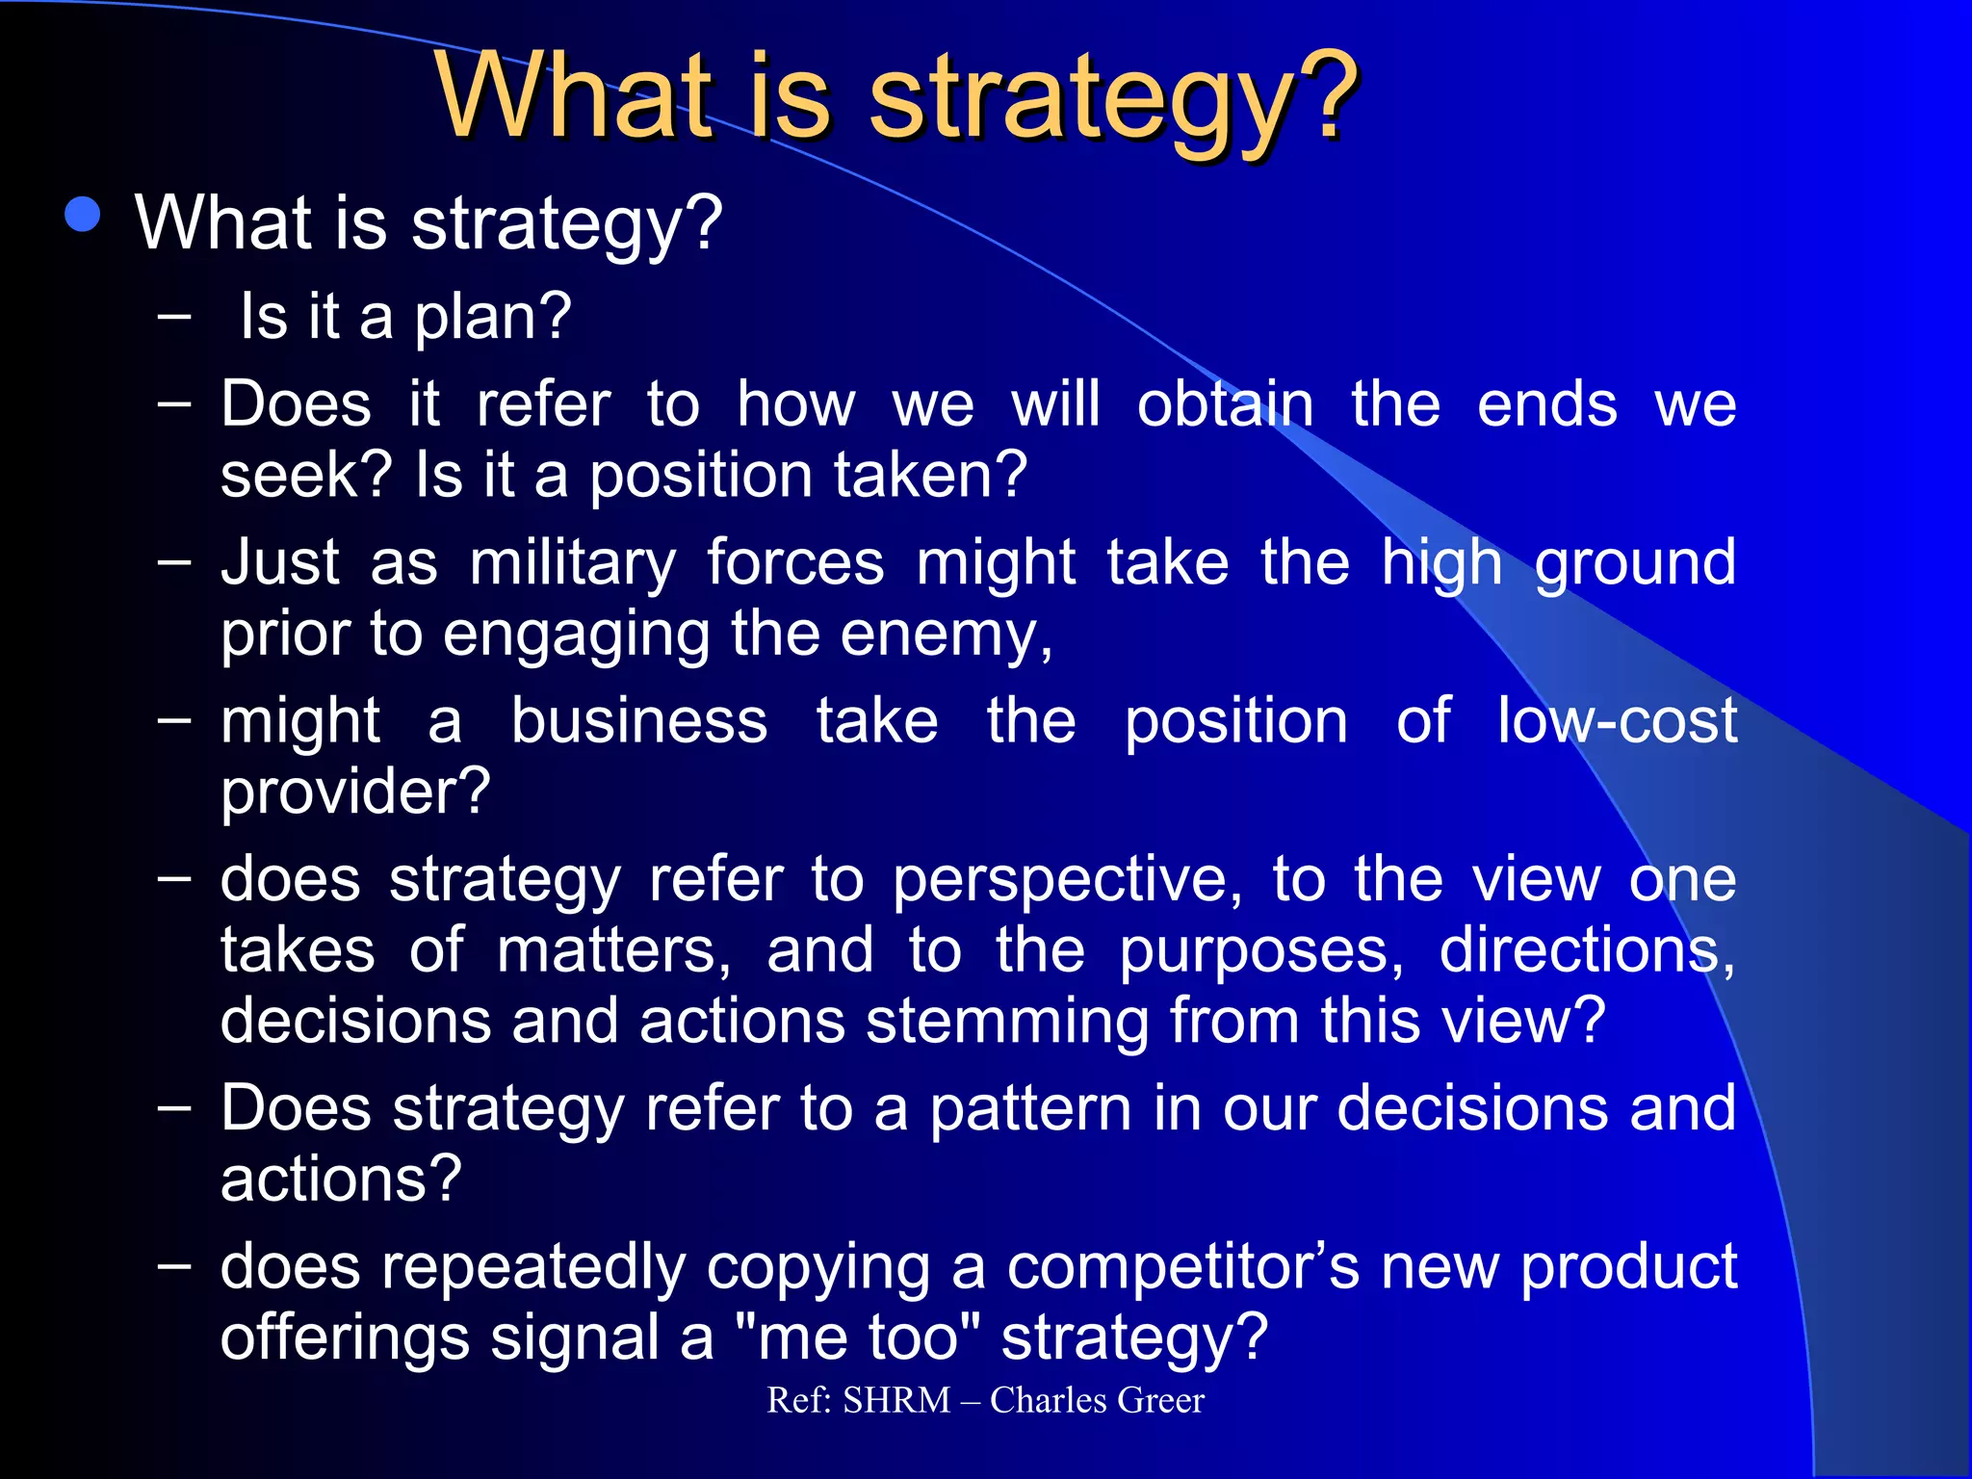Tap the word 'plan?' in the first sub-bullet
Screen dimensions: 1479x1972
[493, 318]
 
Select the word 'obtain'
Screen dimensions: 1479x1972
[1225, 404]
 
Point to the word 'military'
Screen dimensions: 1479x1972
[573, 563]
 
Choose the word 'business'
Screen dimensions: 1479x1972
[639, 721]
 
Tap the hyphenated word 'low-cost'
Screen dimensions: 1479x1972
[1617, 721]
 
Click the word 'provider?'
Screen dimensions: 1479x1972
[355, 792]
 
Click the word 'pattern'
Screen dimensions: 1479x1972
[1030, 1108]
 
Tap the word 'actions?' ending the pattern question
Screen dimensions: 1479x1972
[341, 1180]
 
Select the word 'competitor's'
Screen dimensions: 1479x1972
[1183, 1267]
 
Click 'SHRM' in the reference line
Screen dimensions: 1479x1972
[896, 1400]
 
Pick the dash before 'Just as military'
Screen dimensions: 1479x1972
[174, 559]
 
